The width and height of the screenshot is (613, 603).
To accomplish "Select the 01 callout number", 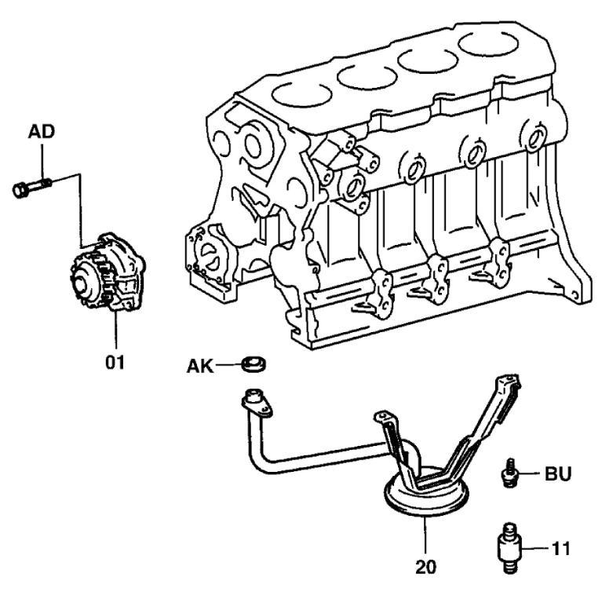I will click(116, 363).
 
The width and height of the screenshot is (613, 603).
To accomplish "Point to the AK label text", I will click(200, 365).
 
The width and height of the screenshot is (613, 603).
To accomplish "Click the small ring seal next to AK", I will click(253, 364).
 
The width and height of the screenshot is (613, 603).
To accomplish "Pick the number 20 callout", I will click(425, 564).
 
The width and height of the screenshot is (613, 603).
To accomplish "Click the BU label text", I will click(558, 474).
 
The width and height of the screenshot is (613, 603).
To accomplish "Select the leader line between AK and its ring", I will click(229, 365).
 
